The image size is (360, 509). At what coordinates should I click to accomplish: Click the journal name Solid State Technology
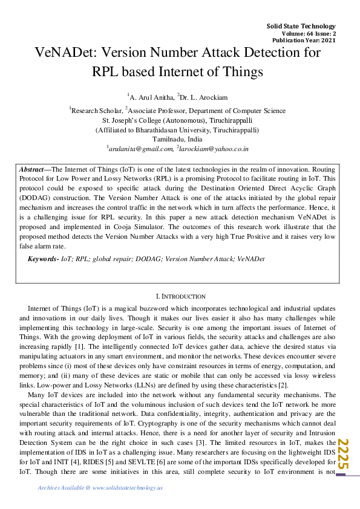[301, 26]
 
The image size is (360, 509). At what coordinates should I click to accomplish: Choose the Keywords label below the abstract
[43, 259]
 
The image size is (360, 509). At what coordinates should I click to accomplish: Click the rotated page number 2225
[344, 453]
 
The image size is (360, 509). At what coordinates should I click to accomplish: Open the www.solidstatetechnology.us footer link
[128, 487]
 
